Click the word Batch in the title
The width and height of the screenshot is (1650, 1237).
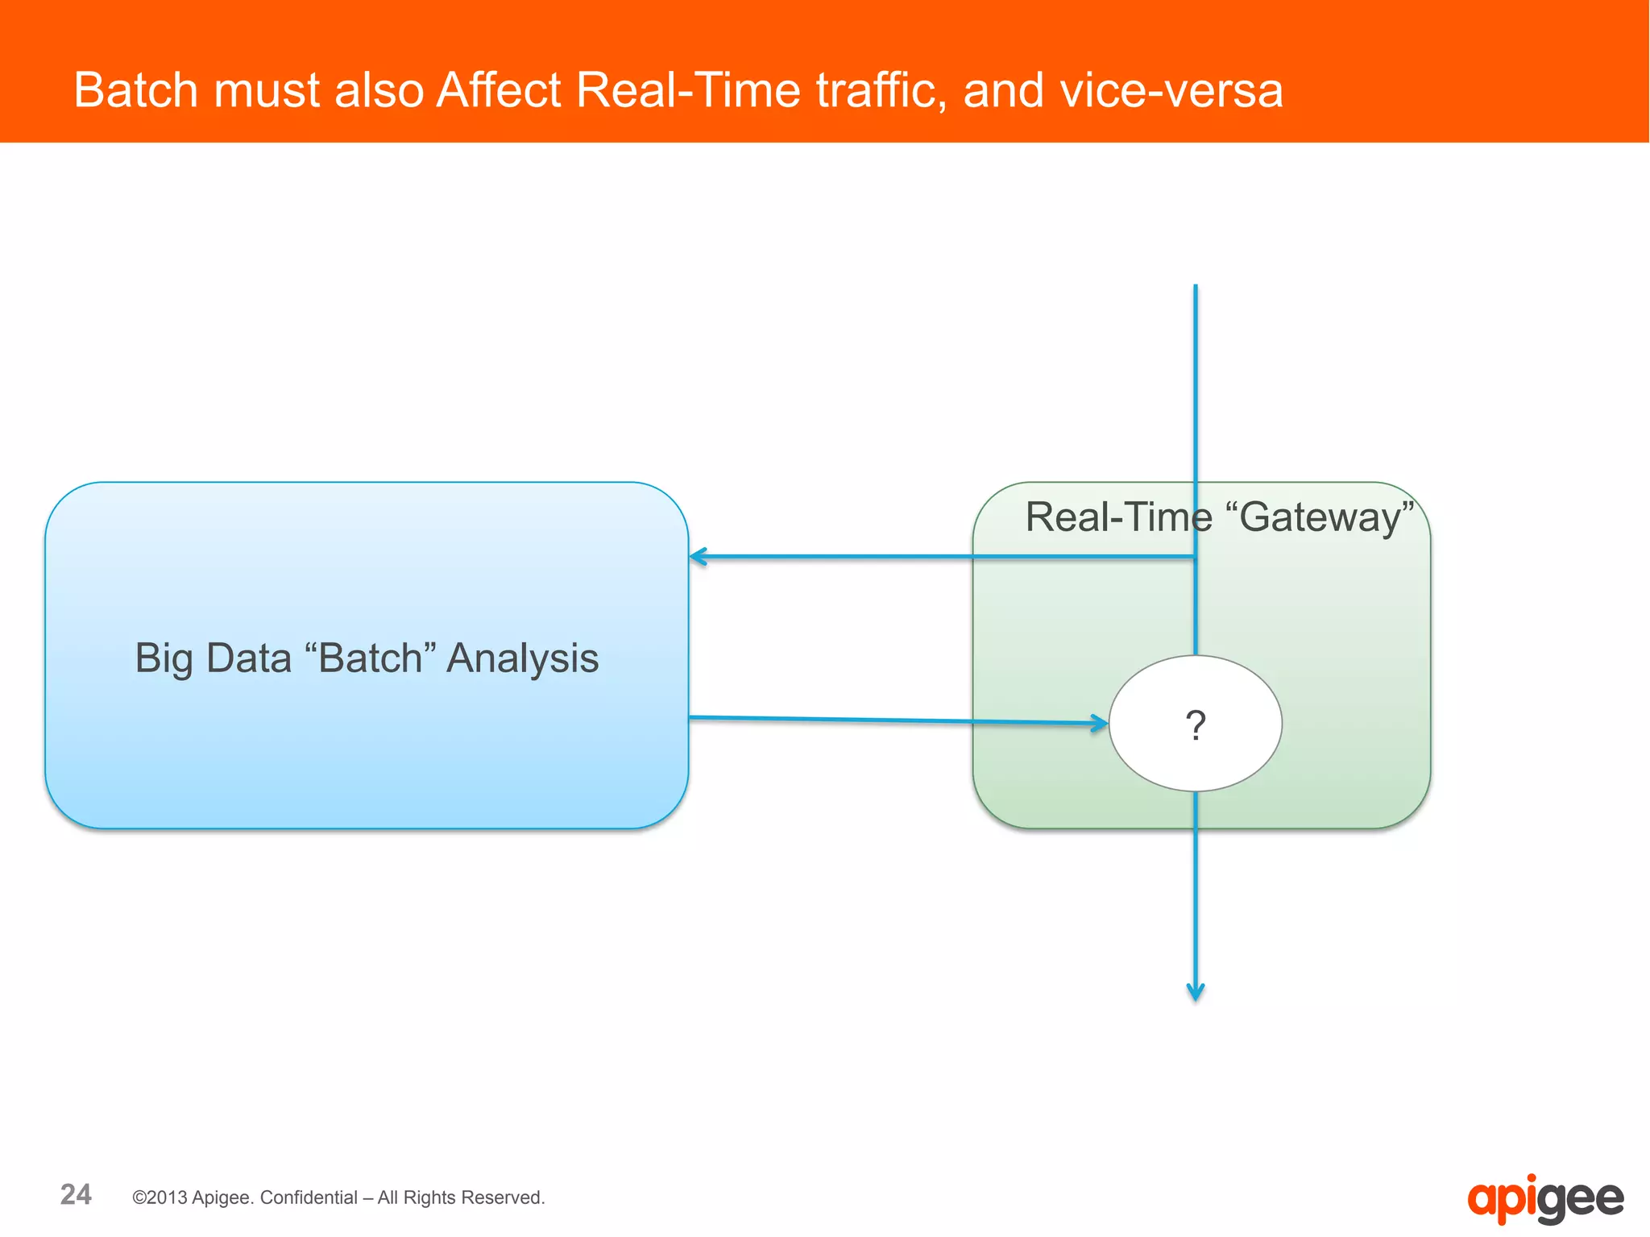tap(135, 89)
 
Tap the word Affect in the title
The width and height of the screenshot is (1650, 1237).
tap(498, 89)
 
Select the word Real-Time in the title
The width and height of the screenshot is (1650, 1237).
tap(688, 89)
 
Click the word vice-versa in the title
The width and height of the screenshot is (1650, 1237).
tap(1171, 89)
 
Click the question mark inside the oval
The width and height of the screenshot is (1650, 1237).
tap(1196, 724)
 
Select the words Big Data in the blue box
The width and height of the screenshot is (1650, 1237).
tap(213, 658)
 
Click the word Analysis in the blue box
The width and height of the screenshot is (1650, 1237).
tap(522, 658)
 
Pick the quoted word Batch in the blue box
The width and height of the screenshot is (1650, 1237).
tap(370, 658)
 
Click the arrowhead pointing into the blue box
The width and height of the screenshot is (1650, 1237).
tap(698, 557)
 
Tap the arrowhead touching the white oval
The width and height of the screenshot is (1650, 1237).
tap(1101, 723)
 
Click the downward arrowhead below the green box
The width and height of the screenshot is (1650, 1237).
tap(1196, 992)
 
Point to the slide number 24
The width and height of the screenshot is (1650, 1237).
tap(76, 1194)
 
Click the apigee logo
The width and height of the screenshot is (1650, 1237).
tap(1544, 1199)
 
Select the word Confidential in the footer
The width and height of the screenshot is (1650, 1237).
tap(309, 1198)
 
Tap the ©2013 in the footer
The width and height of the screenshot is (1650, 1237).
tap(160, 1198)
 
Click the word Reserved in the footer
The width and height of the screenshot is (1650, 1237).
tap(508, 1198)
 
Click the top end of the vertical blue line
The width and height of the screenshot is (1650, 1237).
tap(1196, 287)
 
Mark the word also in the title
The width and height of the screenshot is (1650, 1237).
tap(379, 89)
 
